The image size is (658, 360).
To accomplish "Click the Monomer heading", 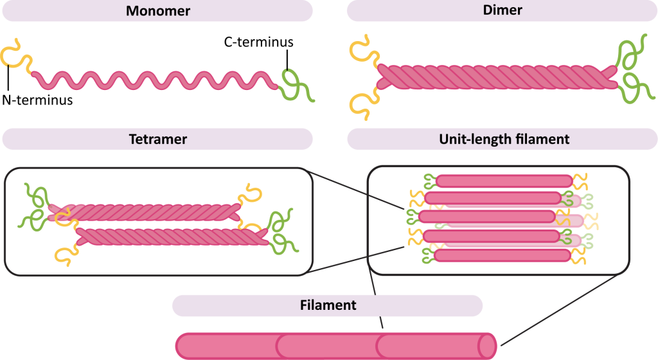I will pyautogui.click(x=157, y=11).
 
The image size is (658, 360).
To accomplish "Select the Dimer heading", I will pyautogui.click(x=501, y=11).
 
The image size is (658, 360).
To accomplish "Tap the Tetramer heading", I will pyautogui.click(x=157, y=139).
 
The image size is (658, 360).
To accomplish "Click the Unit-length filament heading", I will pyautogui.click(x=501, y=139).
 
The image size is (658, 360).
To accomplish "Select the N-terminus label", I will pyautogui.click(x=36, y=100).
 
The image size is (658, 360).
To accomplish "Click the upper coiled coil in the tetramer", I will pyautogui.click(x=148, y=209).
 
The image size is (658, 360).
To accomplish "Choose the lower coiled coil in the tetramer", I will pyautogui.click(x=173, y=237).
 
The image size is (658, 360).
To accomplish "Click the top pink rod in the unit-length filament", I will pyautogui.click(x=504, y=181).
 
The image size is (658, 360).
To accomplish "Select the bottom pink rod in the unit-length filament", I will pyautogui.click(x=502, y=255).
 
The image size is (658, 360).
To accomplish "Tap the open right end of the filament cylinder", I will pyautogui.click(x=488, y=346).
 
